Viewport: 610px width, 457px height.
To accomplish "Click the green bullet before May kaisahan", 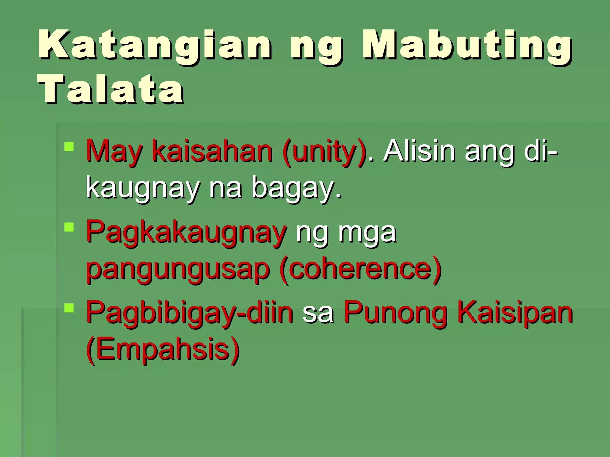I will [x=69, y=147].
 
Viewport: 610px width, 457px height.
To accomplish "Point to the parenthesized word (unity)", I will [x=324, y=151].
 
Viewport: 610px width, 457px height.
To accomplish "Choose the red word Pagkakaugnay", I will [x=186, y=232].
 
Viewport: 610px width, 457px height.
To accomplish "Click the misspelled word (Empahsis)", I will [x=163, y=349].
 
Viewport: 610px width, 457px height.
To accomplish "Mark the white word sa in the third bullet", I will [x=318, y=314].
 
